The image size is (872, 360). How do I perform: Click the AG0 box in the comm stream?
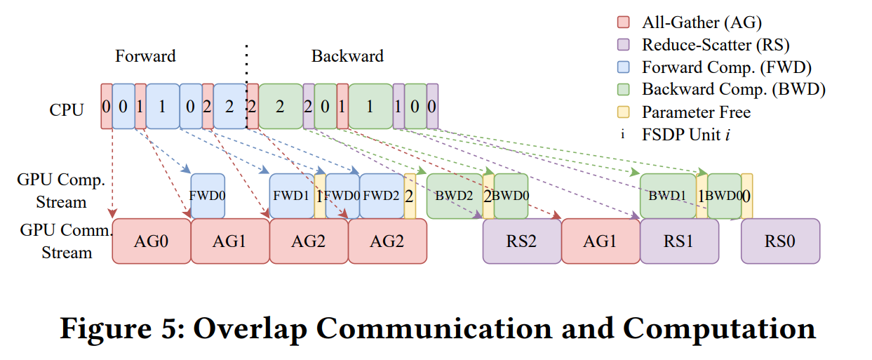pyautogui.click(x=152, y=241)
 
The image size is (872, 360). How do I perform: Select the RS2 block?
pyautogui.click(x=521, y=241)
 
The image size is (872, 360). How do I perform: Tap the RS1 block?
pyautogui.click(x=679, y=241)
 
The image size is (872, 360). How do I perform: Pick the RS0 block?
pyautogui.click(x=780, y=241)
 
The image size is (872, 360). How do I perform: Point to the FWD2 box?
pyautogui.click(x=382, y=196)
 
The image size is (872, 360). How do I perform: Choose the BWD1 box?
pyautogui.click(x=667, y=196)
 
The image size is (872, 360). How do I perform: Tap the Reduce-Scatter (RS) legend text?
pyautogui.click(x=716, y=45)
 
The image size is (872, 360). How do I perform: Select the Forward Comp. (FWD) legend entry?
pyautogui.click(x=726, y=67)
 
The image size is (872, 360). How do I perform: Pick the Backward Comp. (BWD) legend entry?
pyautogui.click(x=733, y=90)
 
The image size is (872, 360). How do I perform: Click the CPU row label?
pyautogui.click(x=67, y=109)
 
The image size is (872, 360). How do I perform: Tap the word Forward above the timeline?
pyautogui.click(x=145, y=56)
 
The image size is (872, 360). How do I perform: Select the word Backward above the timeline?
pyautogui.click(x=347, y=56)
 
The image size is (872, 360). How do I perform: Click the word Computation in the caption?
pyautogui.click(x=718, y=328)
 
